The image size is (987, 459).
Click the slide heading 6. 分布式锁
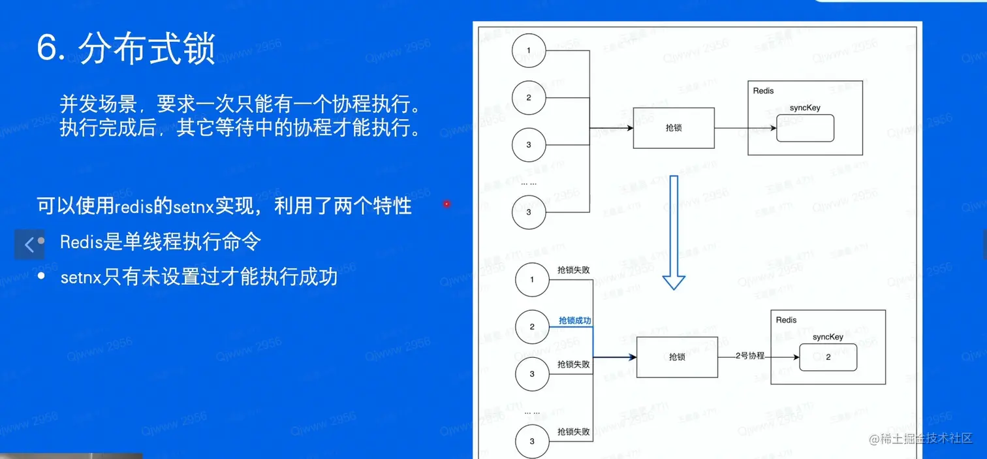pyautogui.click(x=126, y=48)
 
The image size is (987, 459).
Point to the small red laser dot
pyautogui.click(x=446, y=204)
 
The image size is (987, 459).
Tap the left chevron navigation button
pyautogui.click(x=29, y=245)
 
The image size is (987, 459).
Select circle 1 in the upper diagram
pyautogui.click(x=529, y=50)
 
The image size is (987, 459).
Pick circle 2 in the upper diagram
pyautogui.click(x=529, y=97)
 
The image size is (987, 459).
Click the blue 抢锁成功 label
pyautogui.click(x=574, y=321)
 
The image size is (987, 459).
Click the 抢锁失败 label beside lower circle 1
pyautogui.click(x=574, y=270)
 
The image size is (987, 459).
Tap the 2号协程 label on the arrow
pyautogui.click(x=749, y=356)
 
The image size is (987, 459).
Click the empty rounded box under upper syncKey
pyautogui.click(x=805, y=128)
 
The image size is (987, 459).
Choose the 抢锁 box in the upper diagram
pyautogui.click(x=674, y=129)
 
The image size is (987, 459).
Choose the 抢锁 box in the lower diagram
pyautogui.click(x=677, y=357)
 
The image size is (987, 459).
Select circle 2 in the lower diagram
pyautogui.click(x=532, y=326)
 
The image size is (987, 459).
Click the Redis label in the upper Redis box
pyautogui.click(x=763, y=91)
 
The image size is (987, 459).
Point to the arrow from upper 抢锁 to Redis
pyautogui.click(x=731, y=129)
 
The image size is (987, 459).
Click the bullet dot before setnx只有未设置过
pyautogui.click(x=42, y=277)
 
